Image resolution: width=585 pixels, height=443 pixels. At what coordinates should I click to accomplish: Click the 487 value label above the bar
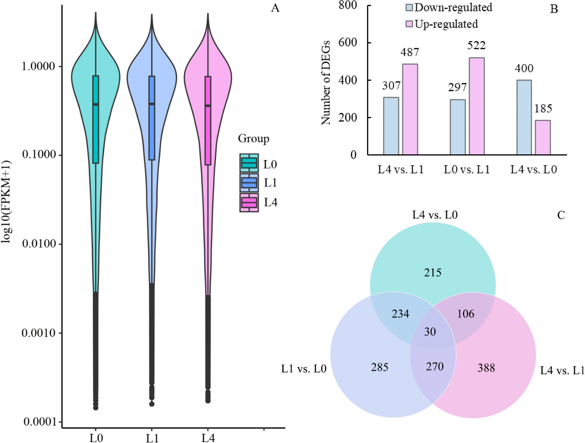tap(409, 52)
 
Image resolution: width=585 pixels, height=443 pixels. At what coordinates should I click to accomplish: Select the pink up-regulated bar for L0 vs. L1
tap(476, 106)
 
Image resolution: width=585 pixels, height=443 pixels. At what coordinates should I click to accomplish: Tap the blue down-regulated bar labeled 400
tap(524, 117)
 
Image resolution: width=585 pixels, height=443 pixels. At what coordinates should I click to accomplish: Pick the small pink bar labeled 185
tap(543, 137)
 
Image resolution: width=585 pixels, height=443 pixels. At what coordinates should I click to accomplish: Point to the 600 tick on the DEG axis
tap(348, 42)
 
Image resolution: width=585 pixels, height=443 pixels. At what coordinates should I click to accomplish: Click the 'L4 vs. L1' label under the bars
tap(400, 169)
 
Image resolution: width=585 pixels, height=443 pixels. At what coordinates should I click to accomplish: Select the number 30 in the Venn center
tap(430, 332)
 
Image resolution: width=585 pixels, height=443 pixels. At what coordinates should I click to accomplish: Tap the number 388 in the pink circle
tap(486, 368)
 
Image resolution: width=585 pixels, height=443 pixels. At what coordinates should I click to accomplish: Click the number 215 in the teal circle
tap(432, 273)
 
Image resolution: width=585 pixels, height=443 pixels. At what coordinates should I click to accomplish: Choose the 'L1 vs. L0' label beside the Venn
tap(304, 369)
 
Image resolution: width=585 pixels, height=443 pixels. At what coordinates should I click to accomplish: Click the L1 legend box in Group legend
tap(249, 183)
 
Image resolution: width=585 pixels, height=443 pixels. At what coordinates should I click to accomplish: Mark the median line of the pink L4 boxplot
tap(208, 106)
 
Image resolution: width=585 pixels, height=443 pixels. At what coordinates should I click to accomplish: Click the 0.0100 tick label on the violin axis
tap(38, 244)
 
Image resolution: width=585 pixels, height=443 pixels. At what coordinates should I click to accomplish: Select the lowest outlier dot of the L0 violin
tap(96, 408)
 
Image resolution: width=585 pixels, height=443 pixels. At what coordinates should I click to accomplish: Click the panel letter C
tap(561, 215)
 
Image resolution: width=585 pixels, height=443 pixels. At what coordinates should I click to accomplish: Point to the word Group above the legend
tap(253, 139)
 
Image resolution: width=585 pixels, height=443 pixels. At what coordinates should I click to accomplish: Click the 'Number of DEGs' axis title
tap(326, 83)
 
